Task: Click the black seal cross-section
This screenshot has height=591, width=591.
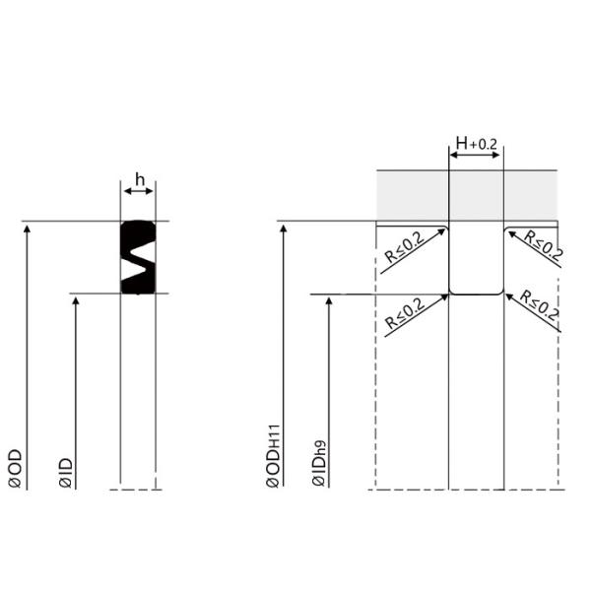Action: (126, 256)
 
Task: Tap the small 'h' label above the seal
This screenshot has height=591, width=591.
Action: (139, 178)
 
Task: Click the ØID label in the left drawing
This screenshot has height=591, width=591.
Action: (65, 473)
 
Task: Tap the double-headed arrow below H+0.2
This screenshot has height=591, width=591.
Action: (476, 156)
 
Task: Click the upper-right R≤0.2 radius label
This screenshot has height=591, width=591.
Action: (543, 246)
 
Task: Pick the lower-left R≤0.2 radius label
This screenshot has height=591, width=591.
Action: (405, 316)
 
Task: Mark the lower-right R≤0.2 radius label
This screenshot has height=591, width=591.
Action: (540, 307)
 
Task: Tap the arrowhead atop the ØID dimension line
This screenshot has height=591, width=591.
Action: (76, 299)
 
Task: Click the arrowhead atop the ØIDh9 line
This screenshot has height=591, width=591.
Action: (328, 300)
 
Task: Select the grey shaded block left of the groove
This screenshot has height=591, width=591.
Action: (412, 195)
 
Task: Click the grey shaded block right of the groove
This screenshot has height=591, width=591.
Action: (531, 195)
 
